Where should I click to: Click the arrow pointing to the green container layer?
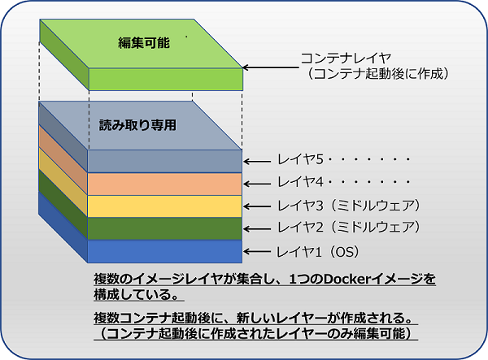pos(268,68)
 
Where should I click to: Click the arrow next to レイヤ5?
pos(259,161)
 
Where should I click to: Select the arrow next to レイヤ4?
pos(259,183)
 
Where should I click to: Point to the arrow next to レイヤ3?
pos(259,205)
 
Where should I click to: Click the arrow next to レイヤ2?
pos(259,228)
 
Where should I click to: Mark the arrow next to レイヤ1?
pos(259,251)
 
